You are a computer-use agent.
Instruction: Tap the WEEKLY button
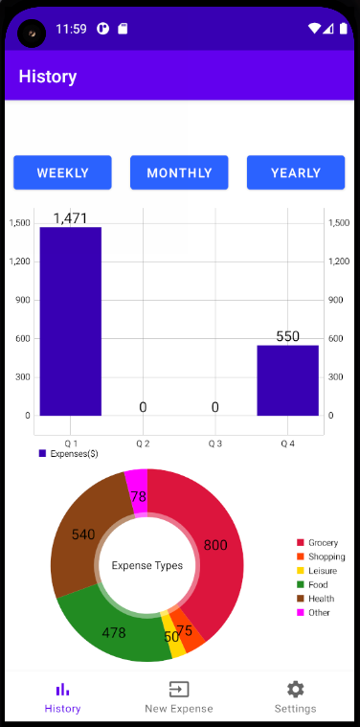[x=62, y=173]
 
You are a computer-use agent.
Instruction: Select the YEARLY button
[x=295, y=173]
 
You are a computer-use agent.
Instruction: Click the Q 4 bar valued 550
[x=287, y=380]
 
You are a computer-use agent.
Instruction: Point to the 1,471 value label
[x=70, y=218]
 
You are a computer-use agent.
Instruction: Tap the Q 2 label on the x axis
[x=143, y=444]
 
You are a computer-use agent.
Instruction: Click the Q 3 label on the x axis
[x=215, y=444]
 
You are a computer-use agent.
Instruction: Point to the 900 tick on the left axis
[x=20, y=300]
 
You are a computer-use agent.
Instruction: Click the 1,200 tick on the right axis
[x=339, y=261]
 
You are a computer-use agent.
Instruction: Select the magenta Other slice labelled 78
[x=138, y=494]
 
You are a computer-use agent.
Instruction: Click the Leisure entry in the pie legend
[x=322, y=571]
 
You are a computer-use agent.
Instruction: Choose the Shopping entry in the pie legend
[x=326, y=557]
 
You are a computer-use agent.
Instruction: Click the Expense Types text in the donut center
[x=147, y=565]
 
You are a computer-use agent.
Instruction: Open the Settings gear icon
[x=295, y=690]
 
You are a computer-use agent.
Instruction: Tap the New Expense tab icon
[x=179, y=690]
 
